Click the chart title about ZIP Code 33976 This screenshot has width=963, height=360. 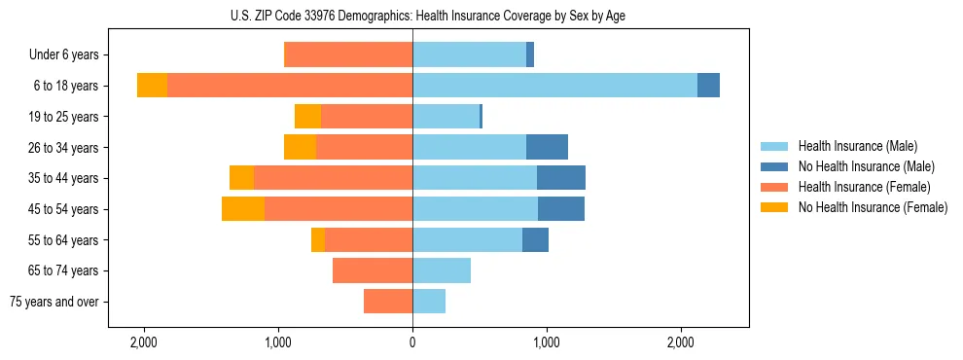point(412,16)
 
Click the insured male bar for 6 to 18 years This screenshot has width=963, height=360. point(554,86)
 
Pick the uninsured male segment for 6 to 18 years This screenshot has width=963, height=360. point(708,86)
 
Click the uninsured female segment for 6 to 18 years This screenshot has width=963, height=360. point(152,86)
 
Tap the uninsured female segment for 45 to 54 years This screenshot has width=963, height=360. point(243,209)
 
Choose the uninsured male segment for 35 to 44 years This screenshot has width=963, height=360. point(561,178)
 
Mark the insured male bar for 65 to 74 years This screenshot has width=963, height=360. point(442,270)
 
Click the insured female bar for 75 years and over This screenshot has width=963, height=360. point(388,302)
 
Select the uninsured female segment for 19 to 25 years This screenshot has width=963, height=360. point(307,117)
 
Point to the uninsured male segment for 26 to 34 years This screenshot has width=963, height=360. point(547,147)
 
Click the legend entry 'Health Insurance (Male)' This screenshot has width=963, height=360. point(857,146)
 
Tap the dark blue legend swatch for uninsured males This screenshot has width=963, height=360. point(774,166)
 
